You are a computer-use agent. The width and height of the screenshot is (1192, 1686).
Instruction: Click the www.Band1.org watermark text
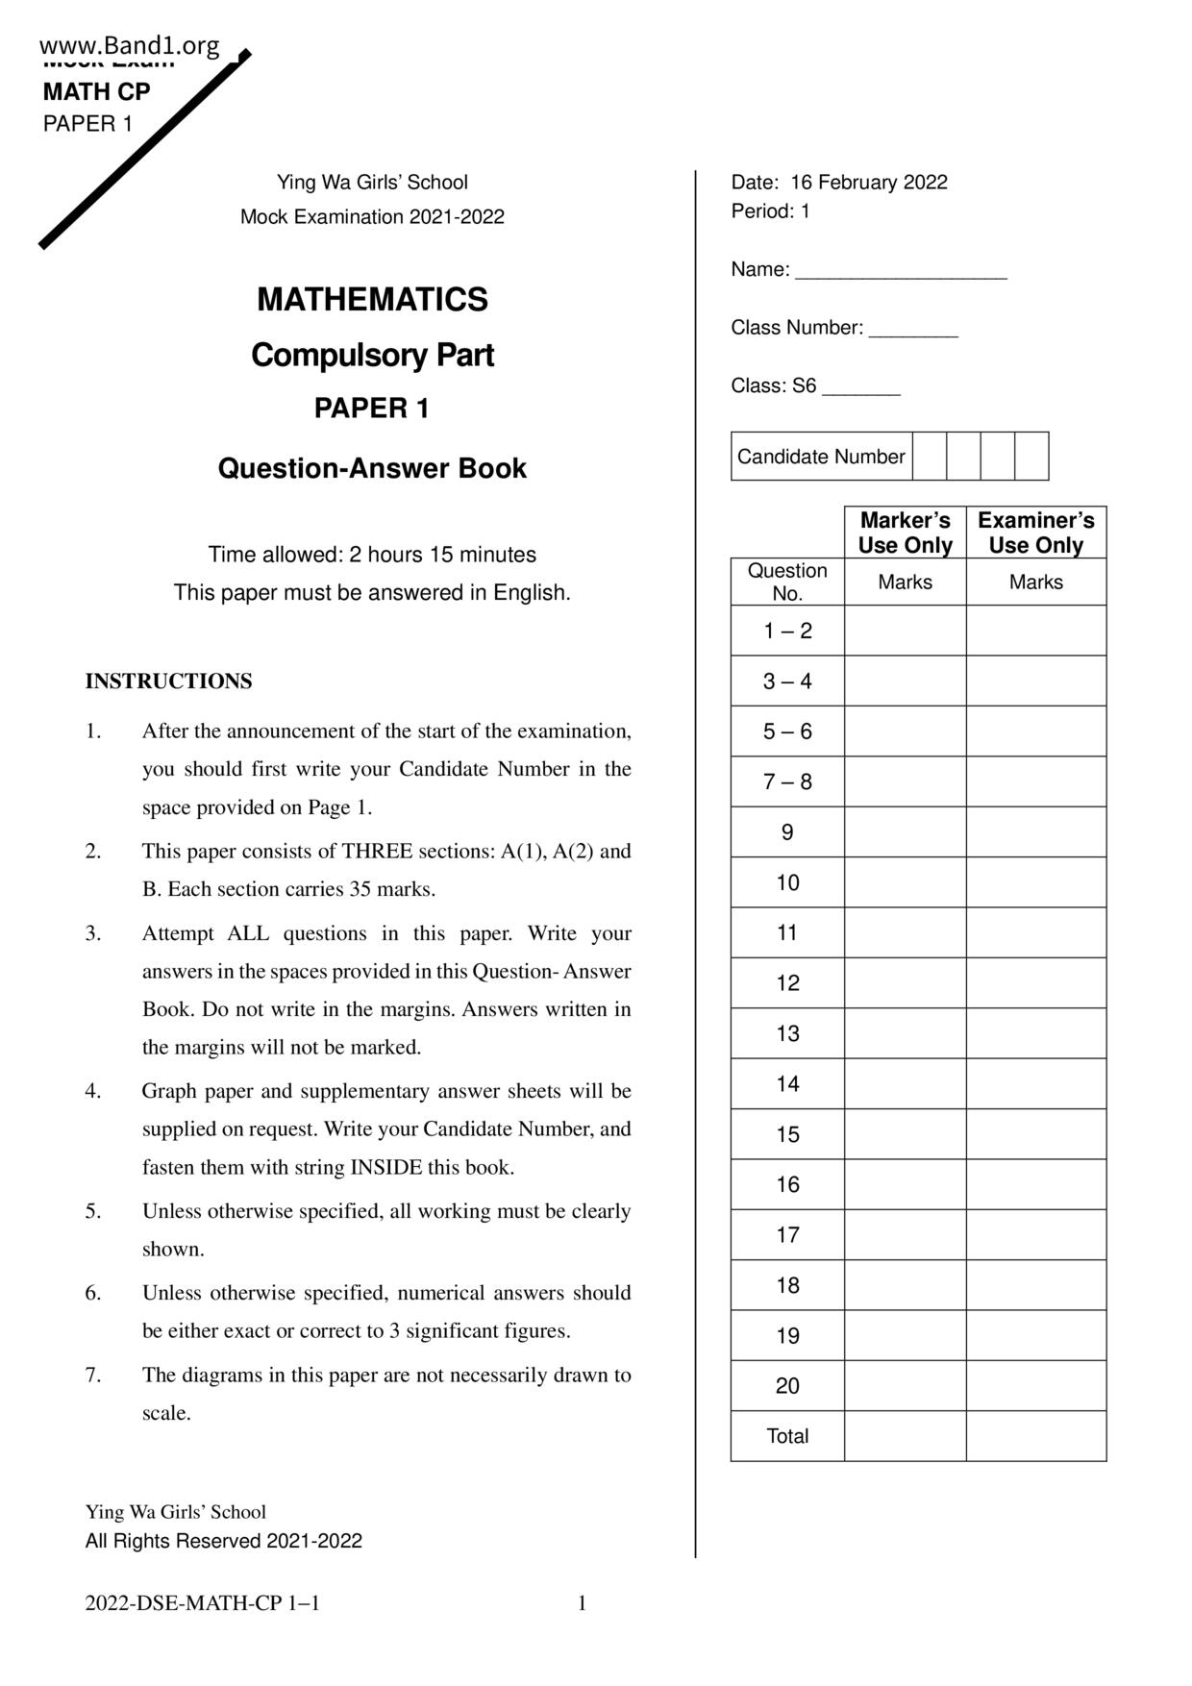130,45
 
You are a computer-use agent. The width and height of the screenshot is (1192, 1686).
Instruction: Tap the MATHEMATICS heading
372,300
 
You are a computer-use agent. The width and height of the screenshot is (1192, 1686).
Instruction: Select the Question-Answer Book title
372,468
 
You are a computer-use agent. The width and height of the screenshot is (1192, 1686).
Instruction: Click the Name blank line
901,272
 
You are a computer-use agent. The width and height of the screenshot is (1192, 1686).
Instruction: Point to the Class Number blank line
913,330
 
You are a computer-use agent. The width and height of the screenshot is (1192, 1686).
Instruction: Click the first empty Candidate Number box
929,456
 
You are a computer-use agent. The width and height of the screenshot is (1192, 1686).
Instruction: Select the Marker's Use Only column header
905,533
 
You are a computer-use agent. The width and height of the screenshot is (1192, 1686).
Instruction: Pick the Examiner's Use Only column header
1035,533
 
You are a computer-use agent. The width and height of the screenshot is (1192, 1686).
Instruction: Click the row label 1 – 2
787,631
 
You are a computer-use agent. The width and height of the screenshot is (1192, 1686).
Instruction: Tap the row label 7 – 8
787,781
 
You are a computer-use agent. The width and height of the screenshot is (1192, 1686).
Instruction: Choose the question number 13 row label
787,1033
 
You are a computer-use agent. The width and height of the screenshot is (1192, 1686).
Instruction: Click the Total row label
787,1436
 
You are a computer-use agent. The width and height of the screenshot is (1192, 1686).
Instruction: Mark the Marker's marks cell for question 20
905,1385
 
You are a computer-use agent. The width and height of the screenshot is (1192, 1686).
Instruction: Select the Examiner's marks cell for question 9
1035,831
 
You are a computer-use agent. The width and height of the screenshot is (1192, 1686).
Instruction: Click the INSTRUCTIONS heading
169,682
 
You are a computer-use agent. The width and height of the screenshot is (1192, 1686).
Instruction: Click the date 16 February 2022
868,183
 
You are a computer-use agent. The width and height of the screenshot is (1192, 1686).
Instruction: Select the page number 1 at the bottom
582,1602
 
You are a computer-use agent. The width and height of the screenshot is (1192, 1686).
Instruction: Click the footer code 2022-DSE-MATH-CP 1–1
203,1602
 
